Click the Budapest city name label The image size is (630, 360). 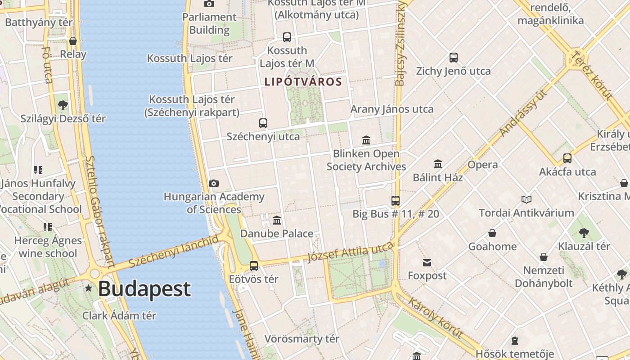(x=144, y=289)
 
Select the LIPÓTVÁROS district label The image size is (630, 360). (x=303, y=82)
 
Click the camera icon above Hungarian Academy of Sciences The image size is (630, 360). (x=214, y=183)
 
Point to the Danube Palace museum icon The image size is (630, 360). (x=277, y=220)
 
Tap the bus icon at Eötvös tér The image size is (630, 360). (x=254, y=266)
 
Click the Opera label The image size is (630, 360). (x=482, y=165)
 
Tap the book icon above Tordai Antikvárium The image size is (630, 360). (x=526, y=199)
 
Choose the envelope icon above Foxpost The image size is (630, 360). (x=427, y=262)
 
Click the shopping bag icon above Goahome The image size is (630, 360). (x=492, y=233)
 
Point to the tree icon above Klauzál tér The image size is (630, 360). (x=584, y=233)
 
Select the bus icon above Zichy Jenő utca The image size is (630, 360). (x=453, y=58)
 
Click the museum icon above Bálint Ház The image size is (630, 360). (x=438, y=164)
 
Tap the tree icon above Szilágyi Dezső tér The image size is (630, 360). (x=63, y=105)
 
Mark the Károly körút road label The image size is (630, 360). (x=435, y=317)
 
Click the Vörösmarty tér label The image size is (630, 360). (x=301, y=339)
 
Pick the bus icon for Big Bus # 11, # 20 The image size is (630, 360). (x=396, y=201)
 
